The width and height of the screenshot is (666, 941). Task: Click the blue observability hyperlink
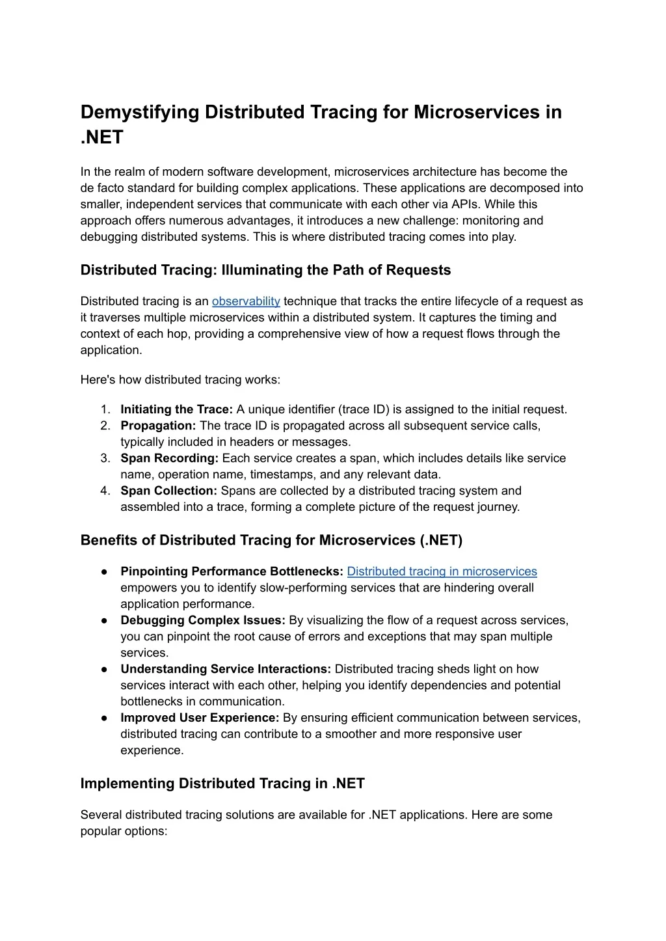(x=246, y=301)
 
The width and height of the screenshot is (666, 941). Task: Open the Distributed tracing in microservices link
(x=442, y=571)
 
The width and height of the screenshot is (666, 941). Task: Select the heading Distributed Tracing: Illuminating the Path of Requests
(x=265, y=270)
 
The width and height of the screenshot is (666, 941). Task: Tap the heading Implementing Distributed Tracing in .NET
(x=222, y=784)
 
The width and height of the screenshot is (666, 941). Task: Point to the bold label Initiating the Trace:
(x=176, y=409)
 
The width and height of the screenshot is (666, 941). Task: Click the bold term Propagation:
(x=158, y=426)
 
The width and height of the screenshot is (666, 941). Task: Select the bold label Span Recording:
(x=170, y=458)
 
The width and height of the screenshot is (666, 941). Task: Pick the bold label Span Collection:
(x=168, y=491)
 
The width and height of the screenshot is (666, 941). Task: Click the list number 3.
(x=105, y=458)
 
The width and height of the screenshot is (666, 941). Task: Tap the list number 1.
(x=105, y=409)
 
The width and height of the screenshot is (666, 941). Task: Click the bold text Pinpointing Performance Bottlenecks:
(x=232, y=571)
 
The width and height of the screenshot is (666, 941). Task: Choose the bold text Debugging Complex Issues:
(x=203, y=620)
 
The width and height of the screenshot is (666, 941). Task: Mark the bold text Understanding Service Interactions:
(x=226, y=669)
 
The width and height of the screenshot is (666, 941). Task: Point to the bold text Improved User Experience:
(x=200, y=718)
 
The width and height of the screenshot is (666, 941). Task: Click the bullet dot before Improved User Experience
(x=104, y=718)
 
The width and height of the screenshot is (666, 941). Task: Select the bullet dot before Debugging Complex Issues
(x=104, y=620)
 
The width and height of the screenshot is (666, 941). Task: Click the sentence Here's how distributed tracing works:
(x=180, y=380)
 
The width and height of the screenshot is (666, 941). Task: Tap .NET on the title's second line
(x=101, y=138)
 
